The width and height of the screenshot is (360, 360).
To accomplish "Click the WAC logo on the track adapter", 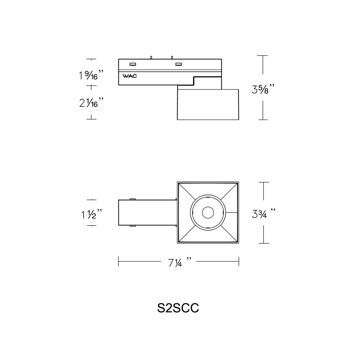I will pyautogui.click(x=130, y=76).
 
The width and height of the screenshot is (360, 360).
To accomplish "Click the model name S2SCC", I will pyautogui.click(x=178, y=308).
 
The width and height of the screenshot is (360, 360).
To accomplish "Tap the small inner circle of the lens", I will pyautogui.click(x=208, y=213).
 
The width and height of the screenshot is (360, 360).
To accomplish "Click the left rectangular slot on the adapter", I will pyautogui.click(x=132, y=64).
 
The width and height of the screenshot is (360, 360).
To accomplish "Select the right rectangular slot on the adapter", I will pyautogui.click(x=178, y=64).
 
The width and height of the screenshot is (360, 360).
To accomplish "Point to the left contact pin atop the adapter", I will pyautogui.click(x=151, y=57).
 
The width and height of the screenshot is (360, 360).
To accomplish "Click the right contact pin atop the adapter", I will pyautogui.click(x=172, y=57).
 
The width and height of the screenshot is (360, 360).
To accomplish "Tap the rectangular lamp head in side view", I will pyautogui.click(x=208, y=105).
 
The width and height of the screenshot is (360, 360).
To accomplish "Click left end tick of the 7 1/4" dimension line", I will pyautogui.click(x=119, y=261).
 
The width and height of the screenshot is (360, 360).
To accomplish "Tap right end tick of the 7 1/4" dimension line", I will pyautogui.click(x=239, y=261).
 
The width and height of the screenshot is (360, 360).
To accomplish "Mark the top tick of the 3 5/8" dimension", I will pyautogui.click(x=263, y=56).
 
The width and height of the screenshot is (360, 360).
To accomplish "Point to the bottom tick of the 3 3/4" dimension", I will pyautogui.click(x=263, y=243).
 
